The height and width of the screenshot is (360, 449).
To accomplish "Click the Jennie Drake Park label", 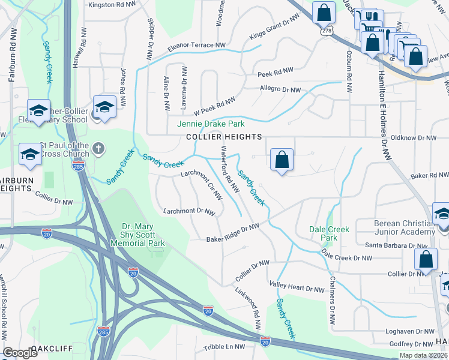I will (211, 124).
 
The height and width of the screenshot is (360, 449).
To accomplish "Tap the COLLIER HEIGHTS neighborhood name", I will (223, 137).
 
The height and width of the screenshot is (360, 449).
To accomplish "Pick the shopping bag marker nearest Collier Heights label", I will (282, 160).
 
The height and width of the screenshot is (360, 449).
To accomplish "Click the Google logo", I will (20, 353).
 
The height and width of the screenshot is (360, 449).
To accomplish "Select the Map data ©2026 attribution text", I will (423, 355).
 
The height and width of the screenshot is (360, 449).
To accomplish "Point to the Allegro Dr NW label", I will (280, 90).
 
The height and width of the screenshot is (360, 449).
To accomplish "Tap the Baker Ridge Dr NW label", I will (233, 233).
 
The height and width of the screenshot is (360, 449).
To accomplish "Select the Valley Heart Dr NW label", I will (297, 289).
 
